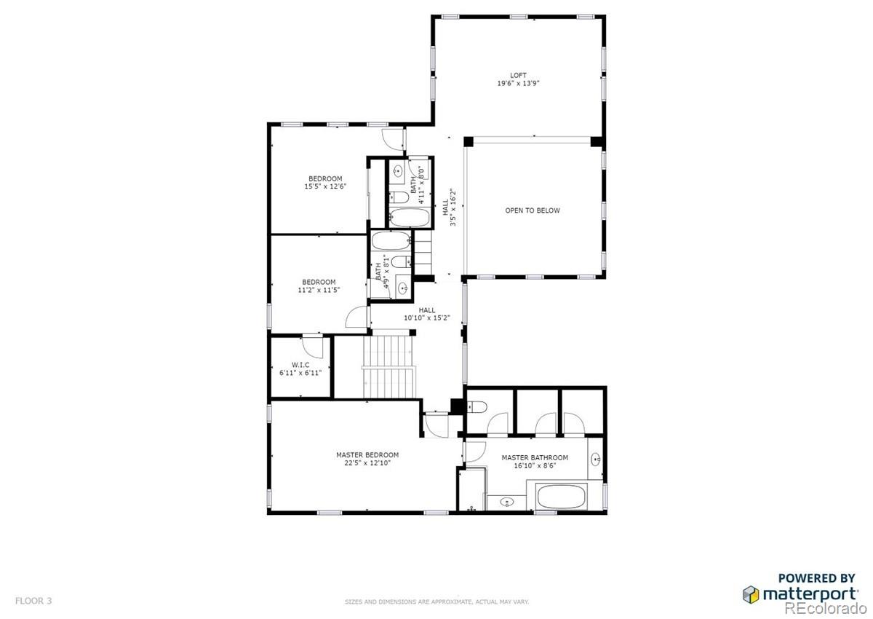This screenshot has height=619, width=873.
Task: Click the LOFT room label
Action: tap(518, 75)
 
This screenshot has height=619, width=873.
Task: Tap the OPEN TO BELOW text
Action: tap(533, 210)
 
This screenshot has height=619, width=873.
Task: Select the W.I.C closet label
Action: tap(300, 364)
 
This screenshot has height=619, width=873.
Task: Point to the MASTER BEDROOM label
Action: tap(367, 455)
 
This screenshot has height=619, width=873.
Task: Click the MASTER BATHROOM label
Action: tap(535, 458)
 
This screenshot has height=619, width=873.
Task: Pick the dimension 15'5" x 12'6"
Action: tap(325, 186)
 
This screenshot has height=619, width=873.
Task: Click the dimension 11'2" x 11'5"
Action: tap(319, 290)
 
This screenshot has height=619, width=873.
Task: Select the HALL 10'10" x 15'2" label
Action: tap(426, 314)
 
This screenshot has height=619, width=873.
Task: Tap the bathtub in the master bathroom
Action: tap(561, 499)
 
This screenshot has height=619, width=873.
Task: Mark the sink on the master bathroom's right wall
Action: tap(596, 459)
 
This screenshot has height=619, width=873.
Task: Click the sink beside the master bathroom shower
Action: tap(508, 502)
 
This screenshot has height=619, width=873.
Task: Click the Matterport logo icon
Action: tap(750, 594)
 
